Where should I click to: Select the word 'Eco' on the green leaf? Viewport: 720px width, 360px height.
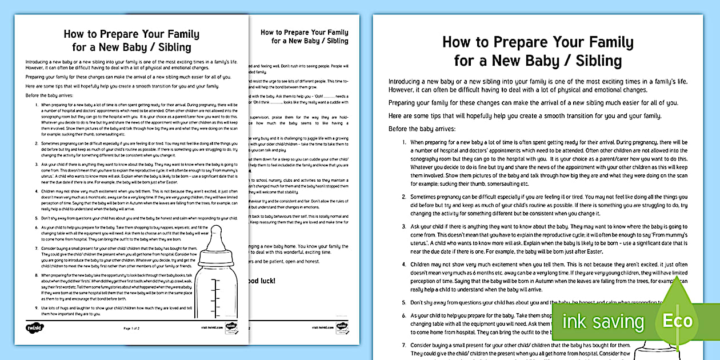pos(677,321)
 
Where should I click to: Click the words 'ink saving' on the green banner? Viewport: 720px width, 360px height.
pos(603,322)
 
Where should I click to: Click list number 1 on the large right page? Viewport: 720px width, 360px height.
pos(405,142)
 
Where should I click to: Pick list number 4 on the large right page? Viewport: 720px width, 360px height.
pos(405,265)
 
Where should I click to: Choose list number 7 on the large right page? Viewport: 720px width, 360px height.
pos(405,345)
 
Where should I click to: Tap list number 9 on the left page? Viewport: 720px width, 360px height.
pos(37,307)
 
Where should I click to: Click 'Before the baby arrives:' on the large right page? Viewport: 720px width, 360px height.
pos(422,129)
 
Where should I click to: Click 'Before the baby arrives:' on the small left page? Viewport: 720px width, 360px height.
pos(47,95)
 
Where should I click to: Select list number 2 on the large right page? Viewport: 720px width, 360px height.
pos(405,195)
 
